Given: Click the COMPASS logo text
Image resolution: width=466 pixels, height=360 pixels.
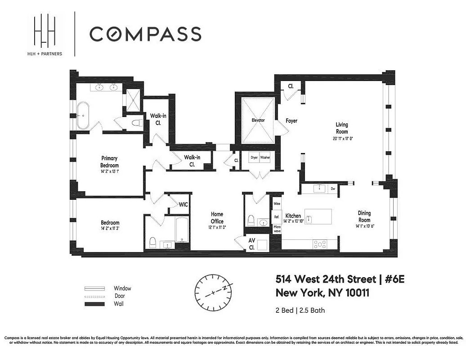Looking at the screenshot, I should pos(145,34).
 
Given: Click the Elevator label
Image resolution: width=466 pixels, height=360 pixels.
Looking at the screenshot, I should pos(258,121).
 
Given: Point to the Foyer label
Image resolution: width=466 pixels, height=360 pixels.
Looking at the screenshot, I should pos(291,121).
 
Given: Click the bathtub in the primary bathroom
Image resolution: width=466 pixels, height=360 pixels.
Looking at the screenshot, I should pos(83,116).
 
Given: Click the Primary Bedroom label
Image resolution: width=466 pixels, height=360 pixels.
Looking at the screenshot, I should pos(109,162).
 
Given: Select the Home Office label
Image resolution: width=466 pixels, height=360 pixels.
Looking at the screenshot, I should pos(217,218).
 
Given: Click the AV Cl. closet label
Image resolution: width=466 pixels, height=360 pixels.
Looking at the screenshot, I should pos(252,243).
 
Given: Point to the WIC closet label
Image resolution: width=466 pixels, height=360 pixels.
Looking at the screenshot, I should pos(183,204).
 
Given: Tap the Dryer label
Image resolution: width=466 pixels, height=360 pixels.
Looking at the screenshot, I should pos(255,158).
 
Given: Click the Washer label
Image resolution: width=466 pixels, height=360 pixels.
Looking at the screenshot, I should pos(265,158).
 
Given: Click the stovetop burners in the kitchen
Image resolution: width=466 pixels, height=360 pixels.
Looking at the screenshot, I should pos(319,244).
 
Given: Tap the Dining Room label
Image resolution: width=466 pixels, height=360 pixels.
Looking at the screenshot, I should pos(364,216).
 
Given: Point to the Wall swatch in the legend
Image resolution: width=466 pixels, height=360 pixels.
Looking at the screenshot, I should pos(94,304).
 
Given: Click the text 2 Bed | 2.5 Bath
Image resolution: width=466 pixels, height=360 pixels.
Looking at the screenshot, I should pos(300,310).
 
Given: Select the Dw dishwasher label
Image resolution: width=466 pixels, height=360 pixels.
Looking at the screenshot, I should pos(333,189).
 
